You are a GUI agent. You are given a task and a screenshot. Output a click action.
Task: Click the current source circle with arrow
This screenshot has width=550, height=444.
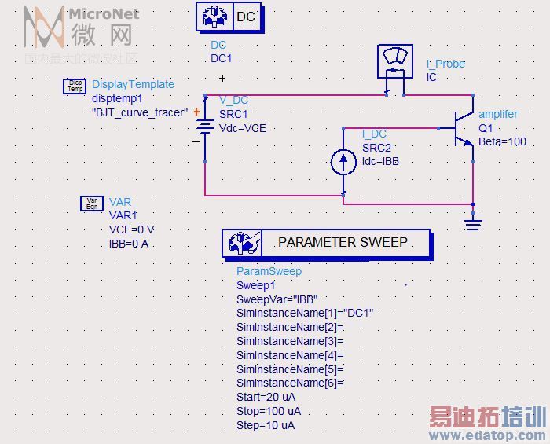point(343,162)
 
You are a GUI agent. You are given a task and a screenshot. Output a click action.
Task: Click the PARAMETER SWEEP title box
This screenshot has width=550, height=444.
point(326,243)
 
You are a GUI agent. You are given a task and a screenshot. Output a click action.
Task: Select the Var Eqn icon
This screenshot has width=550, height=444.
point(92,204)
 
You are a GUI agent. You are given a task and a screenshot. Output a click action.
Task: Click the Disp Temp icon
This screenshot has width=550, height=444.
point(75,86)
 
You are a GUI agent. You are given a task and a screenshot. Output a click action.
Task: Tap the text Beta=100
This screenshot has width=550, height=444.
point(502,141)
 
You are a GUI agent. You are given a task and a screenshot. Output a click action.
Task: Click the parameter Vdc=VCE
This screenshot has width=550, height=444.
point(243,128)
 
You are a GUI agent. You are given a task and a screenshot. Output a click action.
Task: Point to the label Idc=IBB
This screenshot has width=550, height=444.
point(381,161)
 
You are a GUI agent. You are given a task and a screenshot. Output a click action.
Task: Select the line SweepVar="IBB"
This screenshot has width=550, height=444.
point(275,299)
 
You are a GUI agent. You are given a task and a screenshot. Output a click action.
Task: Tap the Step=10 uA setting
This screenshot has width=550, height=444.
point(266,426)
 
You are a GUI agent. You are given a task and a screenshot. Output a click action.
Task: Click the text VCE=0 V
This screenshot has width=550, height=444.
point(132,229)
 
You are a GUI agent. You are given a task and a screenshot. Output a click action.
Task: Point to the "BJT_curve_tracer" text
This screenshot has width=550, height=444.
point(140,112)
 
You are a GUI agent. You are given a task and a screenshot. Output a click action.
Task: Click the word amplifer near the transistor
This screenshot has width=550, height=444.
point(498,114)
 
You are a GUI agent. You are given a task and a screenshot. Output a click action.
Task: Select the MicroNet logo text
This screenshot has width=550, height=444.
point(104,13)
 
